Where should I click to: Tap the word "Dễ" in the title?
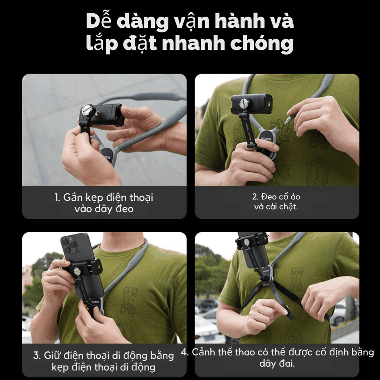pyautogui.click(x=99, y=22)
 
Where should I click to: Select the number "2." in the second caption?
pyautogui.click(x=256, y=197)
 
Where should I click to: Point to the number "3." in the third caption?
pyautogui.click(x=37, y=356)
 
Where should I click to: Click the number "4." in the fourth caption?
pyautogui.click(x=185, y=352)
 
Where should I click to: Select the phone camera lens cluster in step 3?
pyautogui.click(x=69, y=245)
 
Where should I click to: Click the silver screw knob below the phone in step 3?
pyautogui.click(x=77, y=271)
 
